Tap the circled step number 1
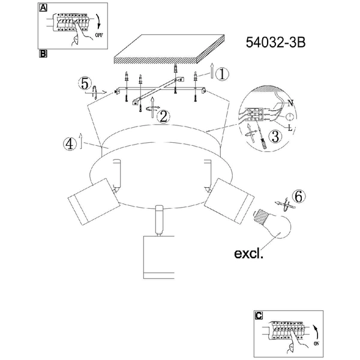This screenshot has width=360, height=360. click(x=222, y=74)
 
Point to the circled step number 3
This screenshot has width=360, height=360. click(x=275, y=136)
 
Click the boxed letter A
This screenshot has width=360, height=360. click(x=43, y=8)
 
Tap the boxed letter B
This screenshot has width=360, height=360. click(x=43, y=54)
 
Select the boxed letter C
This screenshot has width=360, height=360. click(x=259, y=315)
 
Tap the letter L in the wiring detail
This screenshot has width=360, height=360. click(x=290, y=128)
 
